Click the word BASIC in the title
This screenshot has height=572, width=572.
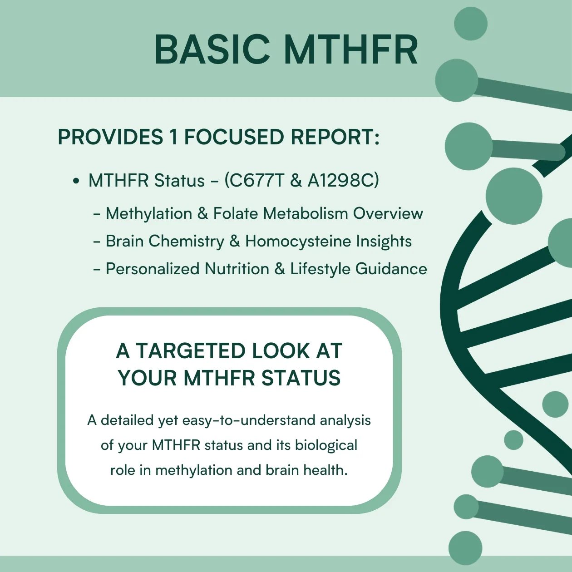(212, 49)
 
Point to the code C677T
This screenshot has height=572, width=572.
(257, 180)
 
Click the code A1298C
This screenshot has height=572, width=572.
(340, 180)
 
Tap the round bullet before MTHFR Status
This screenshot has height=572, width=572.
(76, 181)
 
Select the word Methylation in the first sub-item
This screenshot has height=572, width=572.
(149, 213)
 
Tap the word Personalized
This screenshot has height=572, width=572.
(153, 269)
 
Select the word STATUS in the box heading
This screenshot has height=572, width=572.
(301, 378)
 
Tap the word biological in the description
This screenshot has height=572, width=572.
(326, 445)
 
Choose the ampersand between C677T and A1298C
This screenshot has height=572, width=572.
(296, 181)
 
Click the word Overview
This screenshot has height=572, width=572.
(388, 213)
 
